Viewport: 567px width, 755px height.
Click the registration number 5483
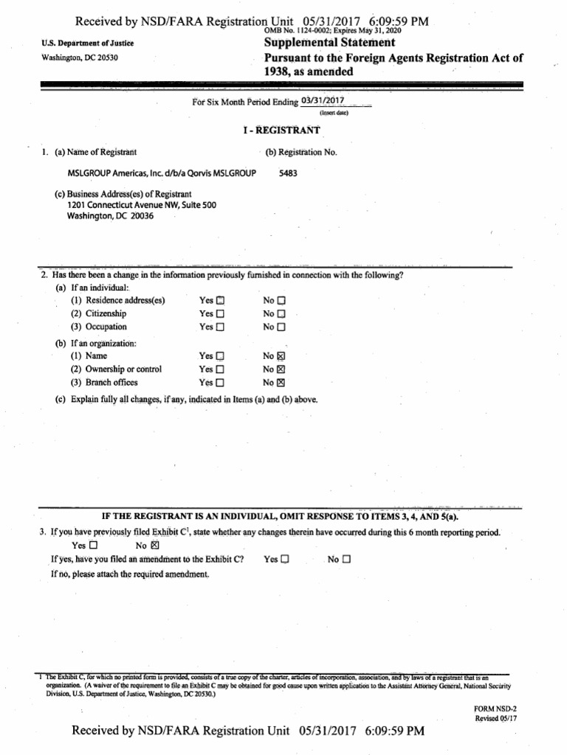(x=289, y=174)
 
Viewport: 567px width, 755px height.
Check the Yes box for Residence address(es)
(x=221, y=301)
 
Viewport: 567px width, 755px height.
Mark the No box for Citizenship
(x=281, y=314)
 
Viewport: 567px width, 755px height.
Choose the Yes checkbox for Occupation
(x=221, y=327)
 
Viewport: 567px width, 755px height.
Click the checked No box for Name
(x=281, y=356)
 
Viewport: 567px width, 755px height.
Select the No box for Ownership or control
(x=281, y=369)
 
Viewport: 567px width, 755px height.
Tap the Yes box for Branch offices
(x=221, y=383)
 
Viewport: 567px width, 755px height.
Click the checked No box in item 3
(x=154, y=546)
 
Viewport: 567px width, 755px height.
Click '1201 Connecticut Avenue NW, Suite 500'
(x=142, y=205)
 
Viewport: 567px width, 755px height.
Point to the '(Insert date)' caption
(x=334, y=114)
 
